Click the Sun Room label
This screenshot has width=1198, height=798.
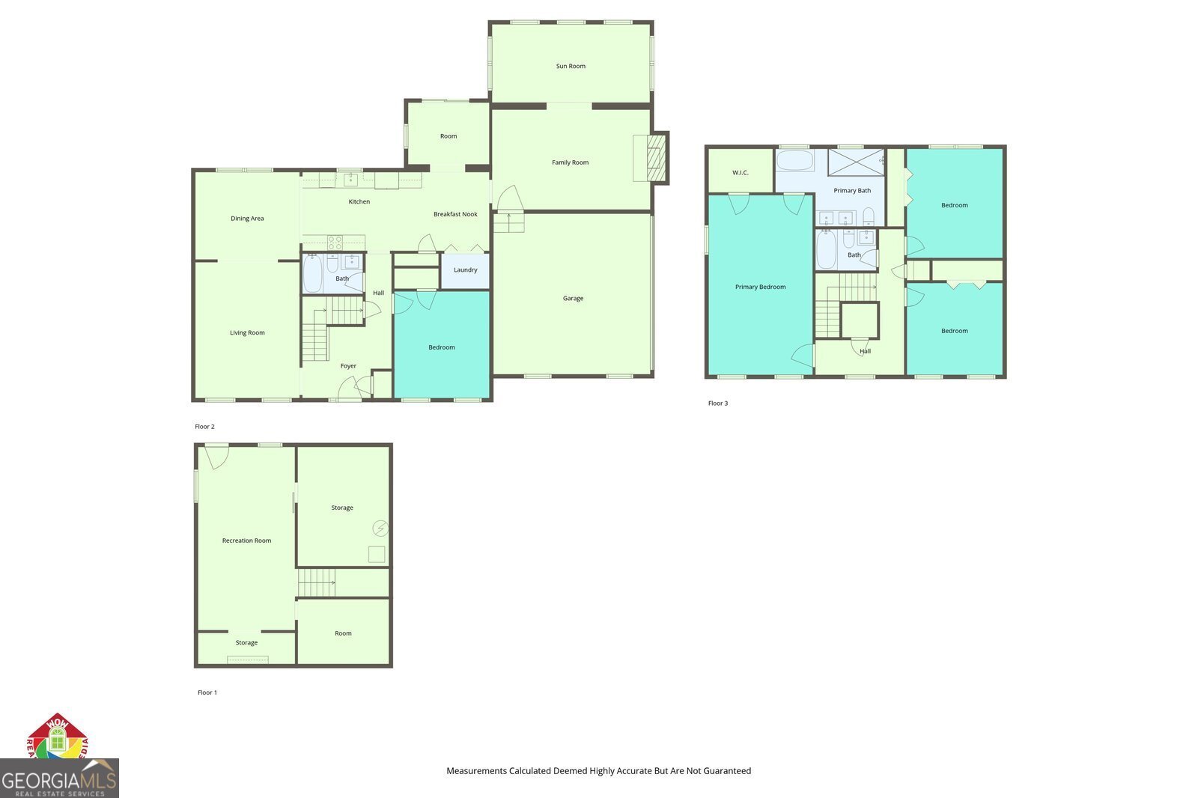coord(571,66)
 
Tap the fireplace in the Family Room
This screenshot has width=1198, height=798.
coord(656,157)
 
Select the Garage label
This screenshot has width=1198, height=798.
coord(573,298)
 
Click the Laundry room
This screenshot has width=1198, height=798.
coord(465,270)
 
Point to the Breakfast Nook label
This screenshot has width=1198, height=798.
coord(455,214)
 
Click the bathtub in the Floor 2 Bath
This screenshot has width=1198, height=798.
coord(313,274)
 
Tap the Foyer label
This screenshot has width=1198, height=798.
coord(348,366)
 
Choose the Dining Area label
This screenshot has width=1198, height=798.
coord(247,219)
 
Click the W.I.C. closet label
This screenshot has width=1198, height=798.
coord(740,173)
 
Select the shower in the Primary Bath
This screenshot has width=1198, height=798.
coord(856,162)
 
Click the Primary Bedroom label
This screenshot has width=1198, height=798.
coord(760,287)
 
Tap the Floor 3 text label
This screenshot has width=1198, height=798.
coord(717,403)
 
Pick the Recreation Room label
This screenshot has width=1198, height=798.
coord(246,540)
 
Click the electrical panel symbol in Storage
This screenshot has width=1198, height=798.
coord(381,529)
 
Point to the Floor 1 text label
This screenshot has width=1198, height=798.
coord(207,692)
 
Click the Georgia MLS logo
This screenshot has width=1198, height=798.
coord(59,779)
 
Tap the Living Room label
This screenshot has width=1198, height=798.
coord(247,332)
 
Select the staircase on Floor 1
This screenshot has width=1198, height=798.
coord(316,582)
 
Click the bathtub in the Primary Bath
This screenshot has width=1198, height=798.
coord(794,161)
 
